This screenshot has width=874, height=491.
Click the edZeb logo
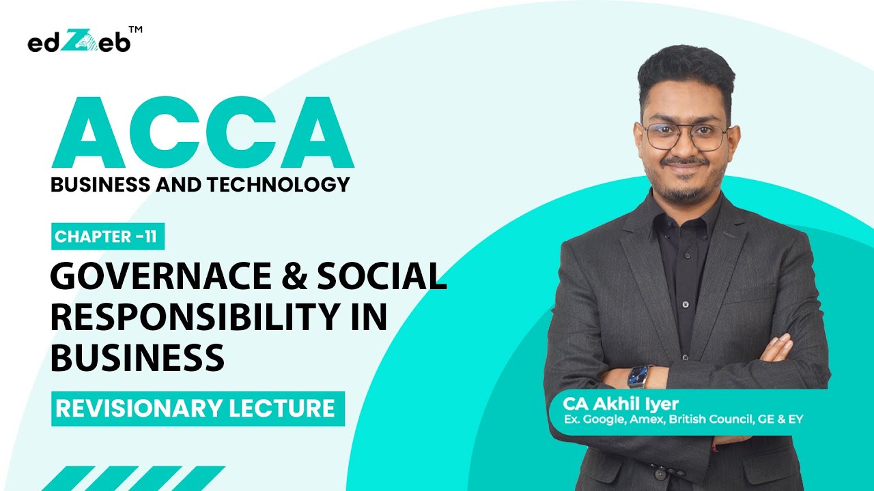tap(78, 42)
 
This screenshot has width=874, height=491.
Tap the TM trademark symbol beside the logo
tap(135, 31)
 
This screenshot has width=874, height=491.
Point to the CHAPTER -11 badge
tap(108, 237)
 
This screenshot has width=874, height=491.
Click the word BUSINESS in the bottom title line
tap(137, 357)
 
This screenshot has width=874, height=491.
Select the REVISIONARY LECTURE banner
tap(197, 408)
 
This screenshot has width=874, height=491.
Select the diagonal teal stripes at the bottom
tap(137, 478)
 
